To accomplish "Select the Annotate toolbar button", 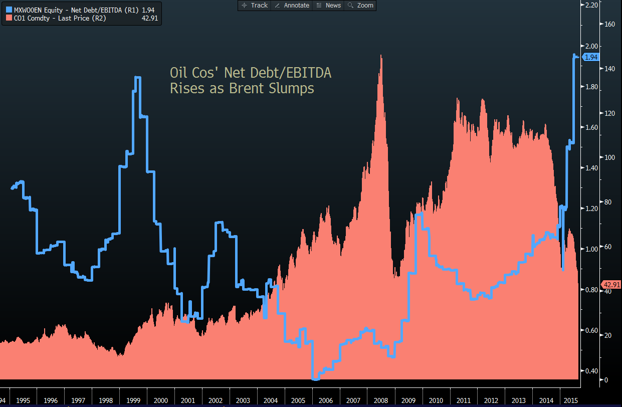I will pos(293,5).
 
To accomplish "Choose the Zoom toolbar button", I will pos(361,5).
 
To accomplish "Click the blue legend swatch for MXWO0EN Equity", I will pos(9,10).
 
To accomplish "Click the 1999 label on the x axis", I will pos(133,400).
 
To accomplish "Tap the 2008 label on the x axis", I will pos(380,400).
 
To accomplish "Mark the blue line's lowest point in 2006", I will pos(315,379).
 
